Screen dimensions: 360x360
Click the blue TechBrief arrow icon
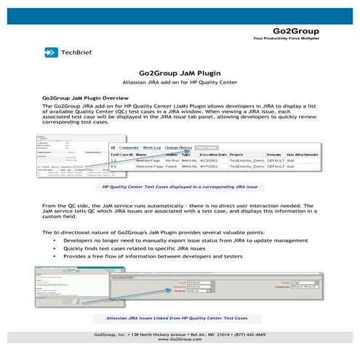[x=50, y=52]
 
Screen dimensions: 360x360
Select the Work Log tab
[x=151, y=147]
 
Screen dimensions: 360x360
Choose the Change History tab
[x=178, y=147]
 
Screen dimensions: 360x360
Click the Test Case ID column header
[x=121, y=154]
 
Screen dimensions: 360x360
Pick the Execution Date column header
[x=214, y=154]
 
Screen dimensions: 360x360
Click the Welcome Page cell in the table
[x=149, y=167]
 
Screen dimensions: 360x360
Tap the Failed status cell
[x=172, y=167]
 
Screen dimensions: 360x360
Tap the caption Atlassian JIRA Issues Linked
[x=180, y=319]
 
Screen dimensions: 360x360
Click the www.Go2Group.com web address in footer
[x=180, y=339]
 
